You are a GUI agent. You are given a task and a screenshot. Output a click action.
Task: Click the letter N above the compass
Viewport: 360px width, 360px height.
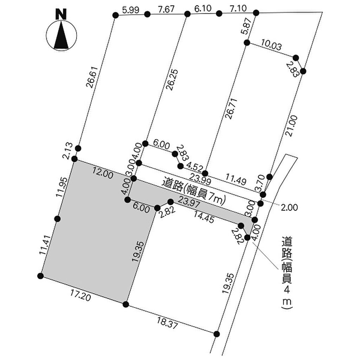coord(61,14)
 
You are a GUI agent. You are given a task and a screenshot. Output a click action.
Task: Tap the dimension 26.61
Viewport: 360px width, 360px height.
coord(92,77)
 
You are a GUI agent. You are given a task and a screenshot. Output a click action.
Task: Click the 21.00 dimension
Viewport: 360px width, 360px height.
coord(292,126)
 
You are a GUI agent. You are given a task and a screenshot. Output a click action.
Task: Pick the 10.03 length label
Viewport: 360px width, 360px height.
coord(271,45)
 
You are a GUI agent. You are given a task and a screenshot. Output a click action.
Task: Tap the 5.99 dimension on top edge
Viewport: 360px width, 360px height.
coord(131,10)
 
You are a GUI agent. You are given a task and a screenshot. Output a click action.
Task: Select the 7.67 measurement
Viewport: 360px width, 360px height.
coord(166,9)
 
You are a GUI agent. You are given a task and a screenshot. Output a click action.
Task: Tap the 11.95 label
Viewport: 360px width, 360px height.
coord(62,187)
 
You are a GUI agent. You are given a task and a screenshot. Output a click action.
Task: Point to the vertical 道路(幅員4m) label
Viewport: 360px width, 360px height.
coord(287,273)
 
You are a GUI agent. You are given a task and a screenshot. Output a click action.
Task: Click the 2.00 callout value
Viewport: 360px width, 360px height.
coord(289,207)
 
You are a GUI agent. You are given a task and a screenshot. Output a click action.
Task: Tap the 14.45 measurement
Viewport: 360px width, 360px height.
coord(204,217)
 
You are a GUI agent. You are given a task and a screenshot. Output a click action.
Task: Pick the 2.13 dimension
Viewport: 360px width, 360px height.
coord(68,150)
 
